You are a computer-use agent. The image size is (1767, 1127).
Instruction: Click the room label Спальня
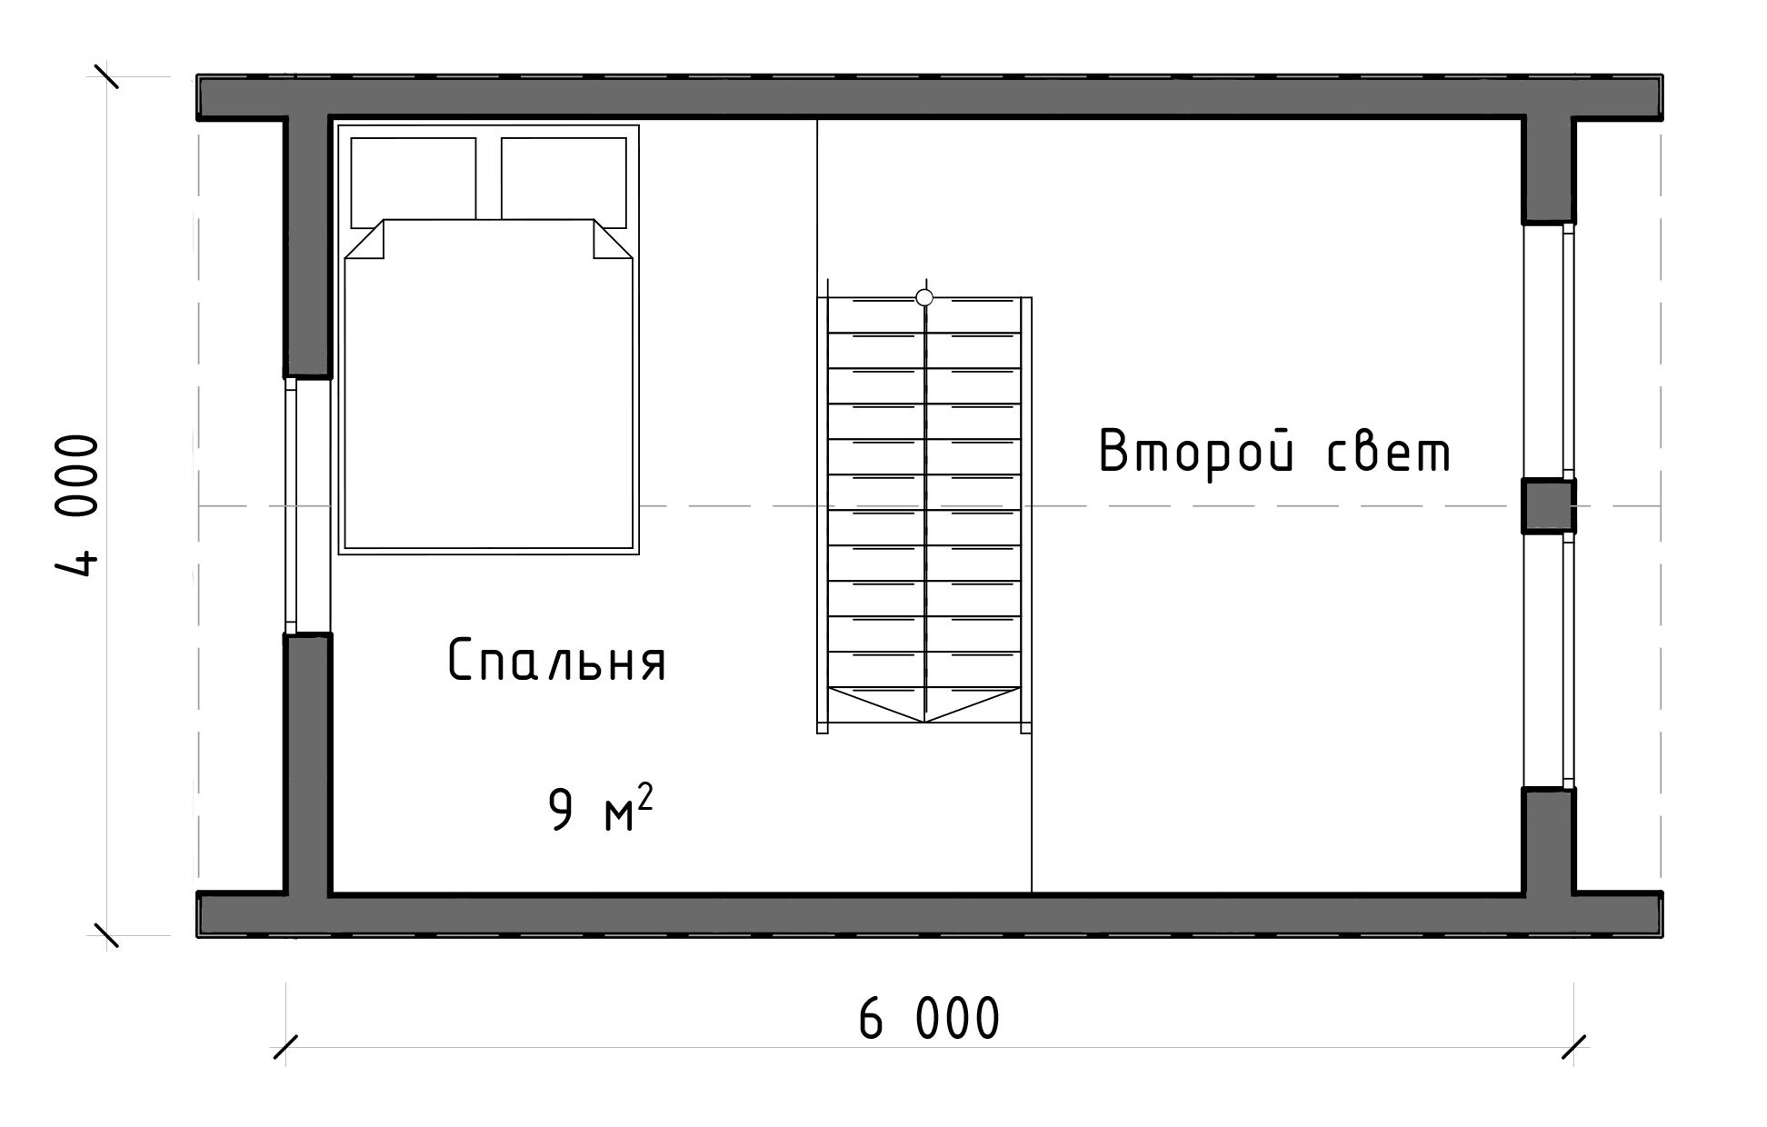point(557,660)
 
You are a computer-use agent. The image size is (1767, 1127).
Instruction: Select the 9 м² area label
point(601,809)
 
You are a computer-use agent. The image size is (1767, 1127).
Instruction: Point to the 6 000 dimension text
point(929,1019)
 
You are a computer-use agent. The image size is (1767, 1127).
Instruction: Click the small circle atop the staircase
point(924,297)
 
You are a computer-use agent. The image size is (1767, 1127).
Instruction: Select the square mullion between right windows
point(1549,506)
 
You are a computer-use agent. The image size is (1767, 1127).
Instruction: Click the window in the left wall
point(307,505)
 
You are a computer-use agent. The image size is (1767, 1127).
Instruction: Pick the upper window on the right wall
point(1549,351)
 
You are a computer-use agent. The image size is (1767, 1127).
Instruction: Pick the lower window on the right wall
point(1549,661)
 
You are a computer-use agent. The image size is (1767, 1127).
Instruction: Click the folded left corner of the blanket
point(365,239)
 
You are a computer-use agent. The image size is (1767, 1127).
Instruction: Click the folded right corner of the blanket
point(613,239)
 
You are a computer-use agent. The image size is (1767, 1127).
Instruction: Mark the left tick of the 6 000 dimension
point(285,1047)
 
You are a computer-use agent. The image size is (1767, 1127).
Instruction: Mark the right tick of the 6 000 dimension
point(1574,1047)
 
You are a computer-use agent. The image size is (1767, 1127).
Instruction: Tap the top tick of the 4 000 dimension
point(106,75)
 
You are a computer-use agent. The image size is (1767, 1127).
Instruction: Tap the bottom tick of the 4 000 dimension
point(106,935)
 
